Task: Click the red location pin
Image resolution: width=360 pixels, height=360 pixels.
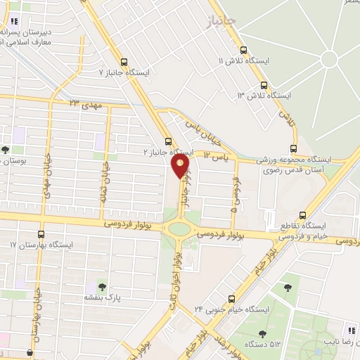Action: click(180, 167)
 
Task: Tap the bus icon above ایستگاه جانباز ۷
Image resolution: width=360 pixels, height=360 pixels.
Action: click(125, 61)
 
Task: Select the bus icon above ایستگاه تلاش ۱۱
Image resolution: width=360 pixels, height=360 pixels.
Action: click(244, 50)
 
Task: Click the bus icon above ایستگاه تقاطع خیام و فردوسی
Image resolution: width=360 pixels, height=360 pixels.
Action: click(303, 215)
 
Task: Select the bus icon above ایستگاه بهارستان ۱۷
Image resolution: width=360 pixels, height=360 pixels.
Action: click(41, 234)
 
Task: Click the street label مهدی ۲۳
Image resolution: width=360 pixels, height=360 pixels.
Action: click(85, 103)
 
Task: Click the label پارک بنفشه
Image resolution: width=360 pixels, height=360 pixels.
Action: click(104, 298)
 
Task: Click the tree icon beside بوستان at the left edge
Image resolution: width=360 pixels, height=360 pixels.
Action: click(5, 150)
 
